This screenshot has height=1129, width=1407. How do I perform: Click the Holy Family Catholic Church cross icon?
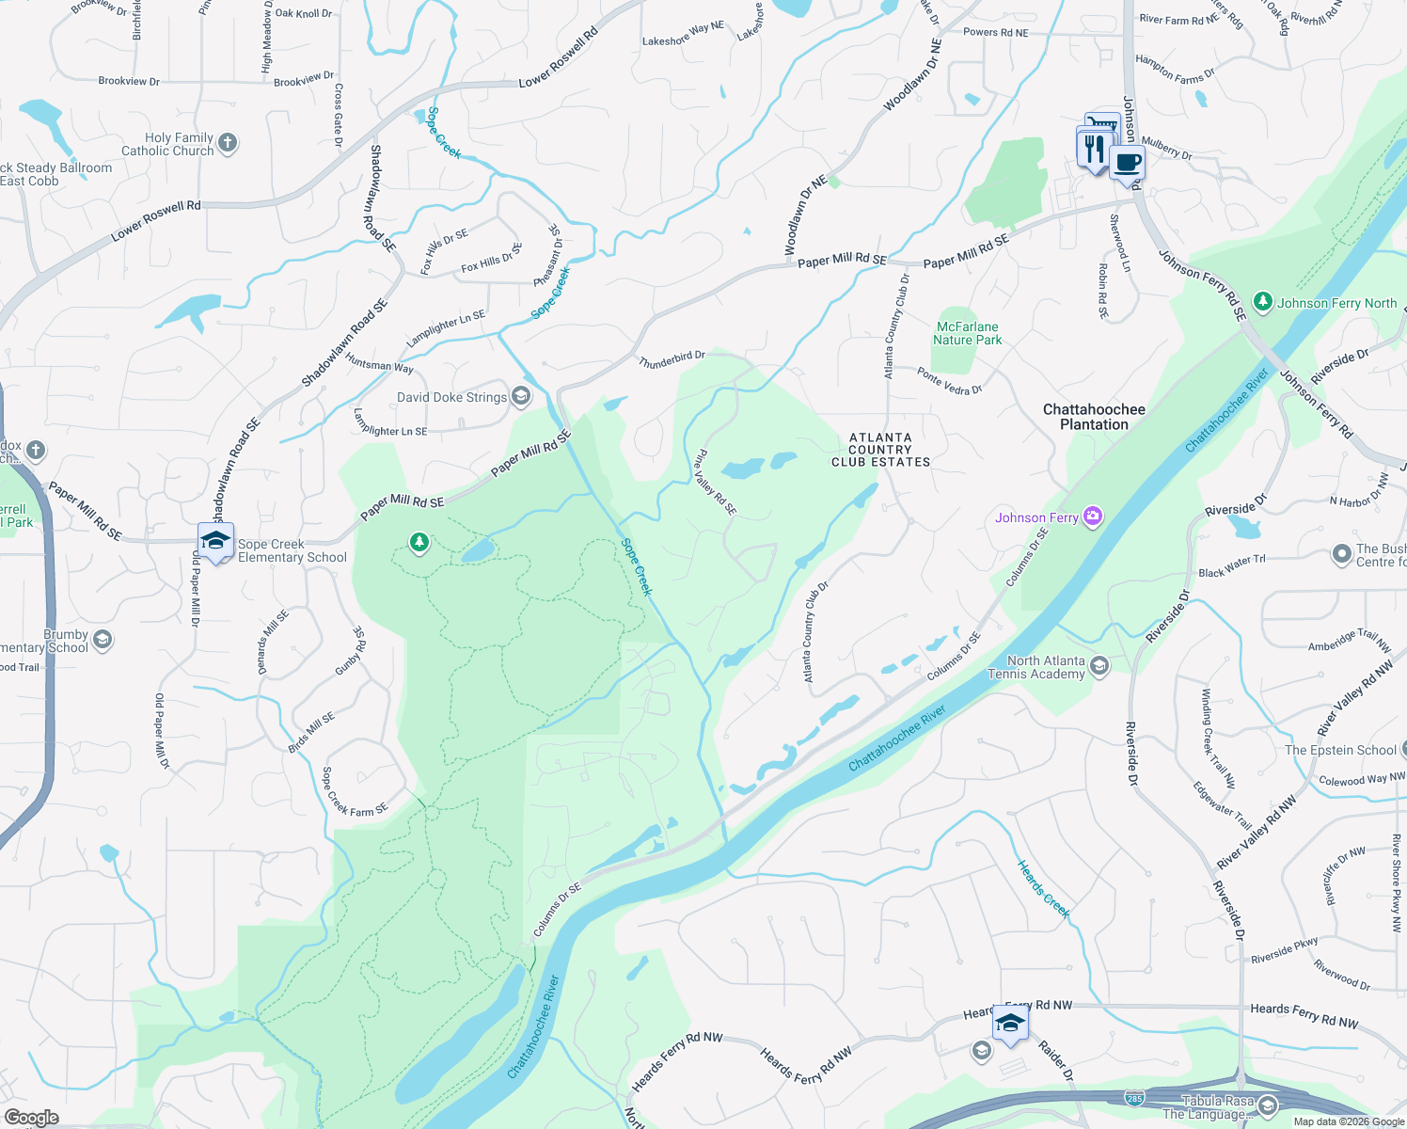coord(228,144)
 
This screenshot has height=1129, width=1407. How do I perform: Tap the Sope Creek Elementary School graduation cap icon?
coord(215,541)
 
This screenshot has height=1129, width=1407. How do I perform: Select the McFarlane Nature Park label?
coord(967,334)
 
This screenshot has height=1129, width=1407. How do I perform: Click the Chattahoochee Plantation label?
coord(1094,417)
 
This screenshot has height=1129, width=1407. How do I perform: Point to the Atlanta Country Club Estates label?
coord(880,450)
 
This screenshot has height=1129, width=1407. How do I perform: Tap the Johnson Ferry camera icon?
coord(1092,516)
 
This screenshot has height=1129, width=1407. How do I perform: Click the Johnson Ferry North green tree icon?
coord(1262,302)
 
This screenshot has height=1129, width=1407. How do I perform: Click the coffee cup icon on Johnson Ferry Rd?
coord(1127,162)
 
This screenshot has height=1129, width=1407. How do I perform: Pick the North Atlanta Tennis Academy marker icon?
coord(1099,666)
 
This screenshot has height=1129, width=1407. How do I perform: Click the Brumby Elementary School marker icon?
coord(103,641)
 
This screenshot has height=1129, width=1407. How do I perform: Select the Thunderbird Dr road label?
coord(672,359)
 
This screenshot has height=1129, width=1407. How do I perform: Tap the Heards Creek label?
coord(1043,888)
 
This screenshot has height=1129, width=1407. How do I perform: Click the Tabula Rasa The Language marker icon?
coord(1267,1105)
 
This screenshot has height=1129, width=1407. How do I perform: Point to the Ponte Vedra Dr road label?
coord(949,381)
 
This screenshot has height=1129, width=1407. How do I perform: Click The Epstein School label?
coord(1340,750)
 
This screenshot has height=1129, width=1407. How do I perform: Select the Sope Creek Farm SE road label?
coord(355,792)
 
